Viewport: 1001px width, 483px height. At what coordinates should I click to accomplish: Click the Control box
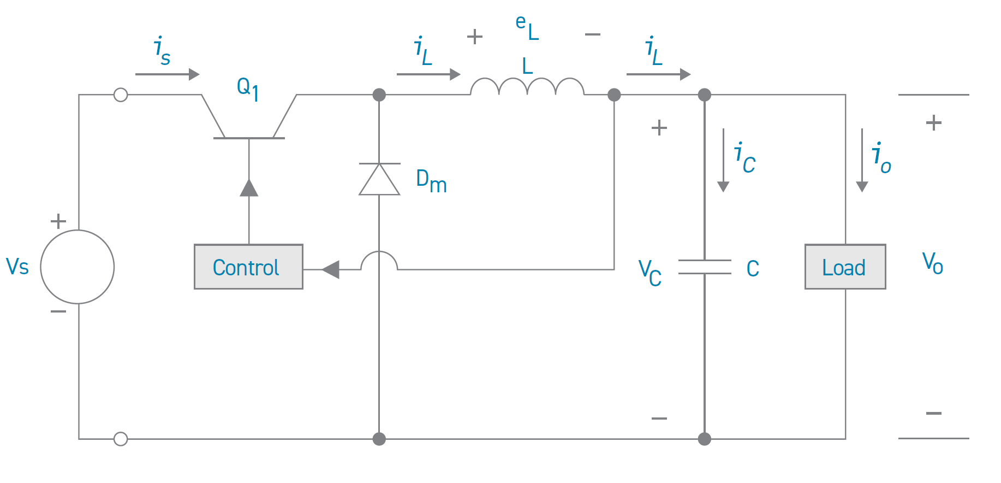click(248, 267)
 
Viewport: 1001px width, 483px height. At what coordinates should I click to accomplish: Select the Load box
click(845, 267)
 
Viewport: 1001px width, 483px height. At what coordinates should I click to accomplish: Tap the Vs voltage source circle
click(78, 267)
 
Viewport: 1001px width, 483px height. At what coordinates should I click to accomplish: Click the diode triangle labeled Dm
click(379, 179)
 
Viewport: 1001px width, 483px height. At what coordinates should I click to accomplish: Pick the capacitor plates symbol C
click(705, 267)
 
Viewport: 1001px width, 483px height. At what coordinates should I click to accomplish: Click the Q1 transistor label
click(247, 88)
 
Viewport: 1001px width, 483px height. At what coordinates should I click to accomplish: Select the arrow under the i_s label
click(167, 74)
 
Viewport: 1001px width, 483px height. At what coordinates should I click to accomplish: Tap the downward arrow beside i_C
click(723, 161)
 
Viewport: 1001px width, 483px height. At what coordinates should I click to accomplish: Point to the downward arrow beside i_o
click(862, 161)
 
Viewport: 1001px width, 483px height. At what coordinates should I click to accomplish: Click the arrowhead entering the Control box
click(331, 269)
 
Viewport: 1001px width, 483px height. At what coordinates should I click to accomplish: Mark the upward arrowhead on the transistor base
click(249, 188)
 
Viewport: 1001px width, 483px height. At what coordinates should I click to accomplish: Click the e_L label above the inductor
click(527, 27)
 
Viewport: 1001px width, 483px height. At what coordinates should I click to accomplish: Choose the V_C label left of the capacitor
click(650, 272)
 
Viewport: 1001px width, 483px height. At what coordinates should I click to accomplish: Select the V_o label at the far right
click(932, 263)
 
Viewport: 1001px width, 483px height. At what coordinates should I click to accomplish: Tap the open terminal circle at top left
click(121, 95)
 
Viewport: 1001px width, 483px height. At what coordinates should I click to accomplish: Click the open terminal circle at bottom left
click(121, 439)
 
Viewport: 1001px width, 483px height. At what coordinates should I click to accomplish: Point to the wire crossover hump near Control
click(379, 259)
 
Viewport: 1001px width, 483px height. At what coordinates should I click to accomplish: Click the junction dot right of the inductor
click(614, 95)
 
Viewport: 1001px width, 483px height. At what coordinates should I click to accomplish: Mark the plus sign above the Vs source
click(58, 221)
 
